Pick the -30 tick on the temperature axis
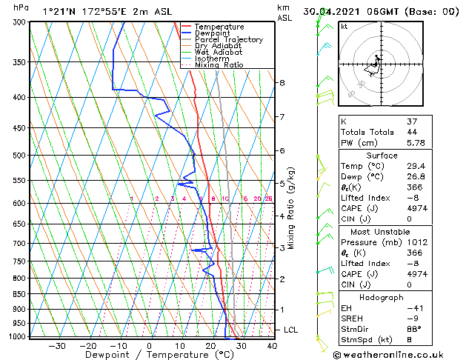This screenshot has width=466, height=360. coord(57,345)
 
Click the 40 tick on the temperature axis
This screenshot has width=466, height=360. coord(272,345)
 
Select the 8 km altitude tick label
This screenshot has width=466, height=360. coord(282,82)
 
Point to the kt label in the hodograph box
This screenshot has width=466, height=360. coord(344,26)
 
